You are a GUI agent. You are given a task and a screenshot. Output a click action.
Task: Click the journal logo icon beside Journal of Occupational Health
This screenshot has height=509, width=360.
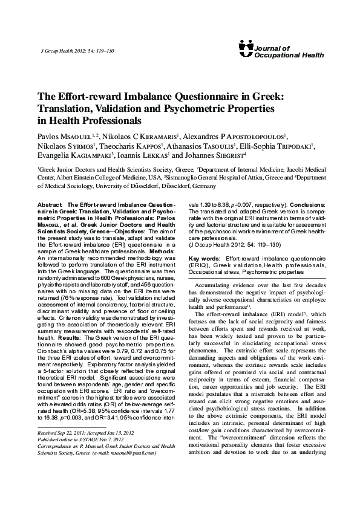coord(246,45)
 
